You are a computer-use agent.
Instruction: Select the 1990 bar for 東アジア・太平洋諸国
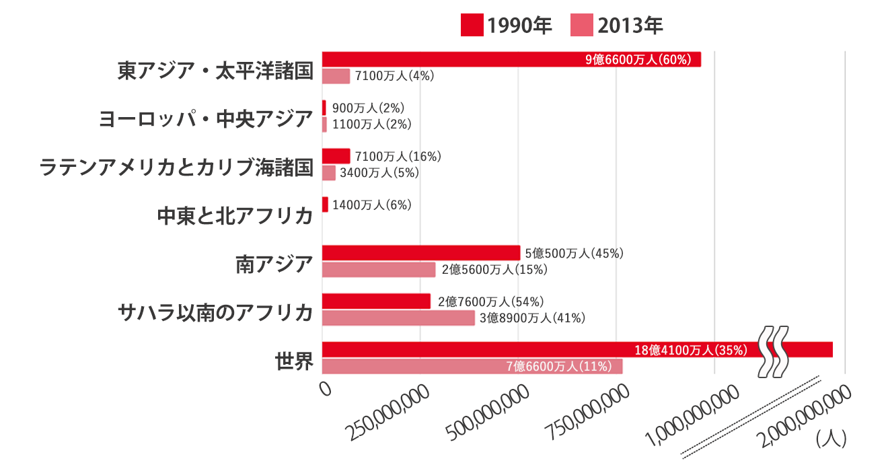pyautogui.click(x=511, y=59)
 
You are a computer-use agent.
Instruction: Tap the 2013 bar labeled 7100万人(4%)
pyautogui.click(x=336, y=76)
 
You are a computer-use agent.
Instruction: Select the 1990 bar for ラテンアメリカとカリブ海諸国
pyautogui.click(x=336, y=156)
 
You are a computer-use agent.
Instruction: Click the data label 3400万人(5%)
pyautogui.click(x=379, y=173)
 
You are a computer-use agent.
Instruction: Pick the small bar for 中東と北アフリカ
pyautogui.click(x=326, y=205)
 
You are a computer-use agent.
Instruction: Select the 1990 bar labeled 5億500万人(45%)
pyautogui.click(x=421, y=253)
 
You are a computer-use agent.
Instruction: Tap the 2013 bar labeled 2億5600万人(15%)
pyautogui.click(x=379, y=270)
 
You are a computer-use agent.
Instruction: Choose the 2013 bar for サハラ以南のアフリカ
pyautogui.click(x=398, y=318)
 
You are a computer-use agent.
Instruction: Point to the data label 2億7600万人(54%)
pyautogui.click(x=490, y=301)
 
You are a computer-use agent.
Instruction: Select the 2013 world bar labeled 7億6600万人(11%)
pyautogui.click(x=472, y=366)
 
